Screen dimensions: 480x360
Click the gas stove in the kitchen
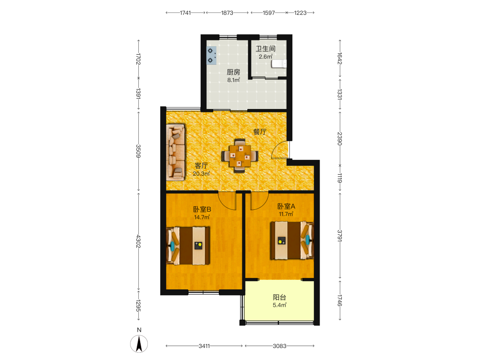212,55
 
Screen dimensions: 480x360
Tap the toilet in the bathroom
279,63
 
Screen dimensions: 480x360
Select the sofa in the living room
175,152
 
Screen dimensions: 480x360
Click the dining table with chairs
240,156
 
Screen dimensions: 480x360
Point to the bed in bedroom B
188,245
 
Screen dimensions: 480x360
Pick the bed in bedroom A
292,240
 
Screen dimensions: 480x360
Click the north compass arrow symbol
139,344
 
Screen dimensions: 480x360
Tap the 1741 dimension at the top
185,13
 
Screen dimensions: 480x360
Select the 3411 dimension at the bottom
204,346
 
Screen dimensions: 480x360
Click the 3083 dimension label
279,346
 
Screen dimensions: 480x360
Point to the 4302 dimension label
138,241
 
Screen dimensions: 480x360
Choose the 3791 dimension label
339,236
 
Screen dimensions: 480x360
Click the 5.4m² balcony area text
279,305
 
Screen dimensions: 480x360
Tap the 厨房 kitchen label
233,72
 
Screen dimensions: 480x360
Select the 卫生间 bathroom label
265,48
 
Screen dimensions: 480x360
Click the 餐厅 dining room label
260,132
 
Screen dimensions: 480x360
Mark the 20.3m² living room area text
201,174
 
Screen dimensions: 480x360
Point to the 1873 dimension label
227,13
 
